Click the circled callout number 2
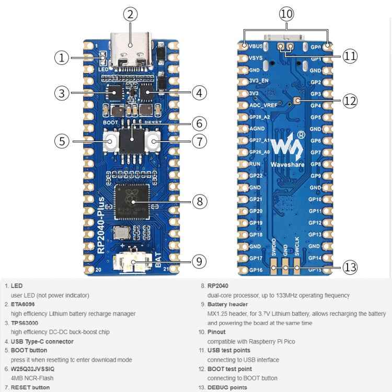tap(130, 14)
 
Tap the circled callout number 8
tap(200, 201)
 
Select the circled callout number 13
tap(350, 268)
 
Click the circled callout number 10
tap(286, 14)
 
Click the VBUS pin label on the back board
tap(256, 47)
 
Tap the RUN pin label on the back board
tap(255, 164)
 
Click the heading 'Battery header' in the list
tap(227, 304)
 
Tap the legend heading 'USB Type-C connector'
tap(42, 341)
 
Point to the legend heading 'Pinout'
tap(216, 332)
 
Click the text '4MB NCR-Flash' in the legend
tap(32, 378)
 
